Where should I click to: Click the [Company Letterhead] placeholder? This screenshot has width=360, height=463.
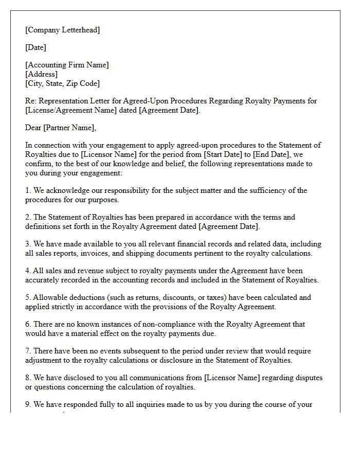[x=62, y=30]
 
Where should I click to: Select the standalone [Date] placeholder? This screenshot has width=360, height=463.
[x=35, y=47]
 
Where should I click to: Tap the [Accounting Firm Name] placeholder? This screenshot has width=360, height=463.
[x=67, y=65]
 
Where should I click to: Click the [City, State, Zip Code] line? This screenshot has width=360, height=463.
[x=62, y=83]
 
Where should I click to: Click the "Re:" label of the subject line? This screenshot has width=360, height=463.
[x=31, y=101]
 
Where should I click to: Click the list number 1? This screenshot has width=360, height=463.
[x=28, y=190]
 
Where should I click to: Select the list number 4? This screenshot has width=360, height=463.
[x=28, y=271]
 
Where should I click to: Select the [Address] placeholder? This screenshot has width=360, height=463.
[x=41, y=74]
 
